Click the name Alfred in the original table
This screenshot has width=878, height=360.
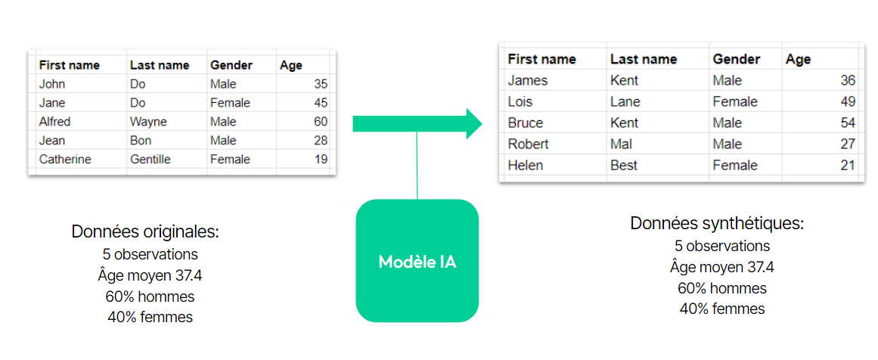click(55, 122)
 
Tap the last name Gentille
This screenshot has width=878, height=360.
click(150, 160)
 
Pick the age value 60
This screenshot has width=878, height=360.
click(321, 122)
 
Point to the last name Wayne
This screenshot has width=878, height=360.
click(148, 122)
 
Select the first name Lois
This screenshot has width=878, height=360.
click(520, 102)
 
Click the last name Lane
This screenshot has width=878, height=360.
click(625, 102)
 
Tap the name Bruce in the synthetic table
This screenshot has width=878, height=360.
click(526, 123)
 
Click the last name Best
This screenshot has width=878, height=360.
click(625, 165)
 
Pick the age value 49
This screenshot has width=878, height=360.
click(848, 102)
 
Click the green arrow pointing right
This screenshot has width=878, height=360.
click(417, 123)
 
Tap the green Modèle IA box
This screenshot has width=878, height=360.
click(417, 261)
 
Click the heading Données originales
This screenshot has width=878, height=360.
click(145, 231)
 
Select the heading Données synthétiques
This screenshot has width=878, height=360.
click(717, 223)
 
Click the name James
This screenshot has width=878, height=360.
click(527, 81)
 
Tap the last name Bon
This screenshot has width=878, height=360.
click(141, 141)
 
